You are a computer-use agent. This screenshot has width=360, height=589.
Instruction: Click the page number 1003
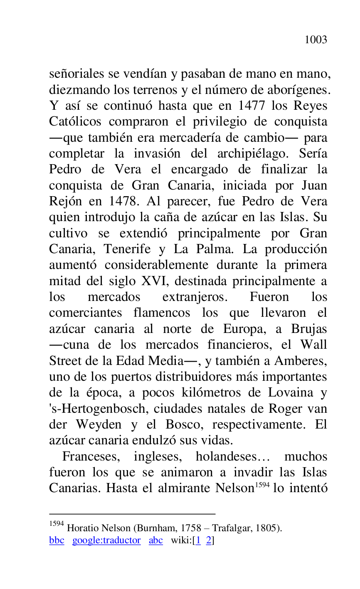(316, 40)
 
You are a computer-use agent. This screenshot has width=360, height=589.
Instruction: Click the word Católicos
(75, 122)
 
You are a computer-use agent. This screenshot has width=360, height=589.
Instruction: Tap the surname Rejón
(64, 201)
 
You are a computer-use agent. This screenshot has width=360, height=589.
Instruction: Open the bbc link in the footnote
(57, 540)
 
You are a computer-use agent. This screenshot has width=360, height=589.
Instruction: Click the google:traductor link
(106, 540)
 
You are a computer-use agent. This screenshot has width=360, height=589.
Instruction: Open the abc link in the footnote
(155, 540)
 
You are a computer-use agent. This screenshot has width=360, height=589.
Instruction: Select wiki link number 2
(209, 540)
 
